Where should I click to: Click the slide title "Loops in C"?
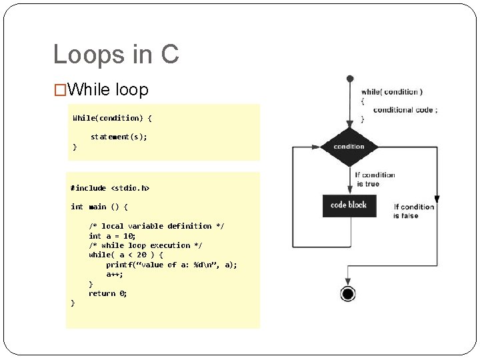pos(116,55)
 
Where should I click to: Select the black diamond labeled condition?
pos(349,147)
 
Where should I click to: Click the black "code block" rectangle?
pos(349,205)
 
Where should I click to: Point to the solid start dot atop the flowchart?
pos(349,79)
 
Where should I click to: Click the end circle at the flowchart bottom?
pos(347,294)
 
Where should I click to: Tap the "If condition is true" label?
pos(375,179)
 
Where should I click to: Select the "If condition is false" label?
pos(413,211)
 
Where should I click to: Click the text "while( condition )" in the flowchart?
pos(391,92)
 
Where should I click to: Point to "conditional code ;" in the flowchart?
pos(405,110)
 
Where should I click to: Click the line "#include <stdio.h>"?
pos(110,189)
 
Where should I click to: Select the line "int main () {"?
pos(99,207)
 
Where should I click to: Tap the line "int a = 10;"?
pos(112,236)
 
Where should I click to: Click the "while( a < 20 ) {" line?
pos(125,255)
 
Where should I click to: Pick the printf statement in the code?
pos(171,265)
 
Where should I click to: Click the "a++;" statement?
pos(115,274)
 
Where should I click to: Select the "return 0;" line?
pos(107,293)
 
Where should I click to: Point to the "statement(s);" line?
pos(119,137)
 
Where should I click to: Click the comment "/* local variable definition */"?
pos(157,226)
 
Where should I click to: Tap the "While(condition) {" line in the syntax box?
pos(112,118)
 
